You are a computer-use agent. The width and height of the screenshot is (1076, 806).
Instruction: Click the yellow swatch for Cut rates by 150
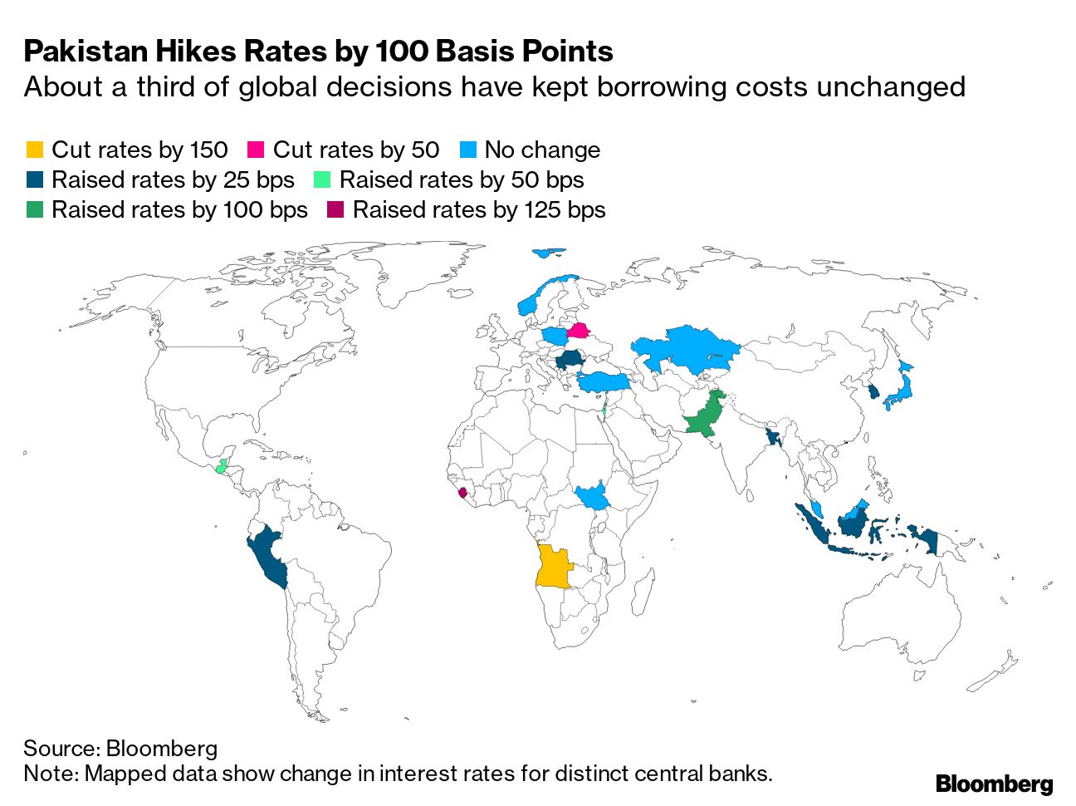(34, 150)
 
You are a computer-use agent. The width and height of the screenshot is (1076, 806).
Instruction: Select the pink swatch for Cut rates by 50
(256, 150)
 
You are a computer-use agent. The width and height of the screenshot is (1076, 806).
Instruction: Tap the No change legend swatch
(469, 150)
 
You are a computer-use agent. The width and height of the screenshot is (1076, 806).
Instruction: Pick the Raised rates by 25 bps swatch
(34, 180)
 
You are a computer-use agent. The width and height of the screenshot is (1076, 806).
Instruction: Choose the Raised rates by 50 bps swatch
(323, 180)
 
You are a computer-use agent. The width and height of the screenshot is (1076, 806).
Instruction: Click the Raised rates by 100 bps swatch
(34, 210)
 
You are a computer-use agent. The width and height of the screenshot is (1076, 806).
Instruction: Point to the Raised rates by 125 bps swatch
(335, 210)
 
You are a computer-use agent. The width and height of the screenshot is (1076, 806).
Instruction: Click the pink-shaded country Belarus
(578, 332)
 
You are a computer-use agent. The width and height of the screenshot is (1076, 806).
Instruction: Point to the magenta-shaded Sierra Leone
(462, 493)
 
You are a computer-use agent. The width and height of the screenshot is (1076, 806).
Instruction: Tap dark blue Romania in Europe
(570, 361)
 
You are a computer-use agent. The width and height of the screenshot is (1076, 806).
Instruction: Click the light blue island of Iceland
(547, 253)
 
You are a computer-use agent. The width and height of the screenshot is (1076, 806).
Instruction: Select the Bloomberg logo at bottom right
(994, 783)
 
